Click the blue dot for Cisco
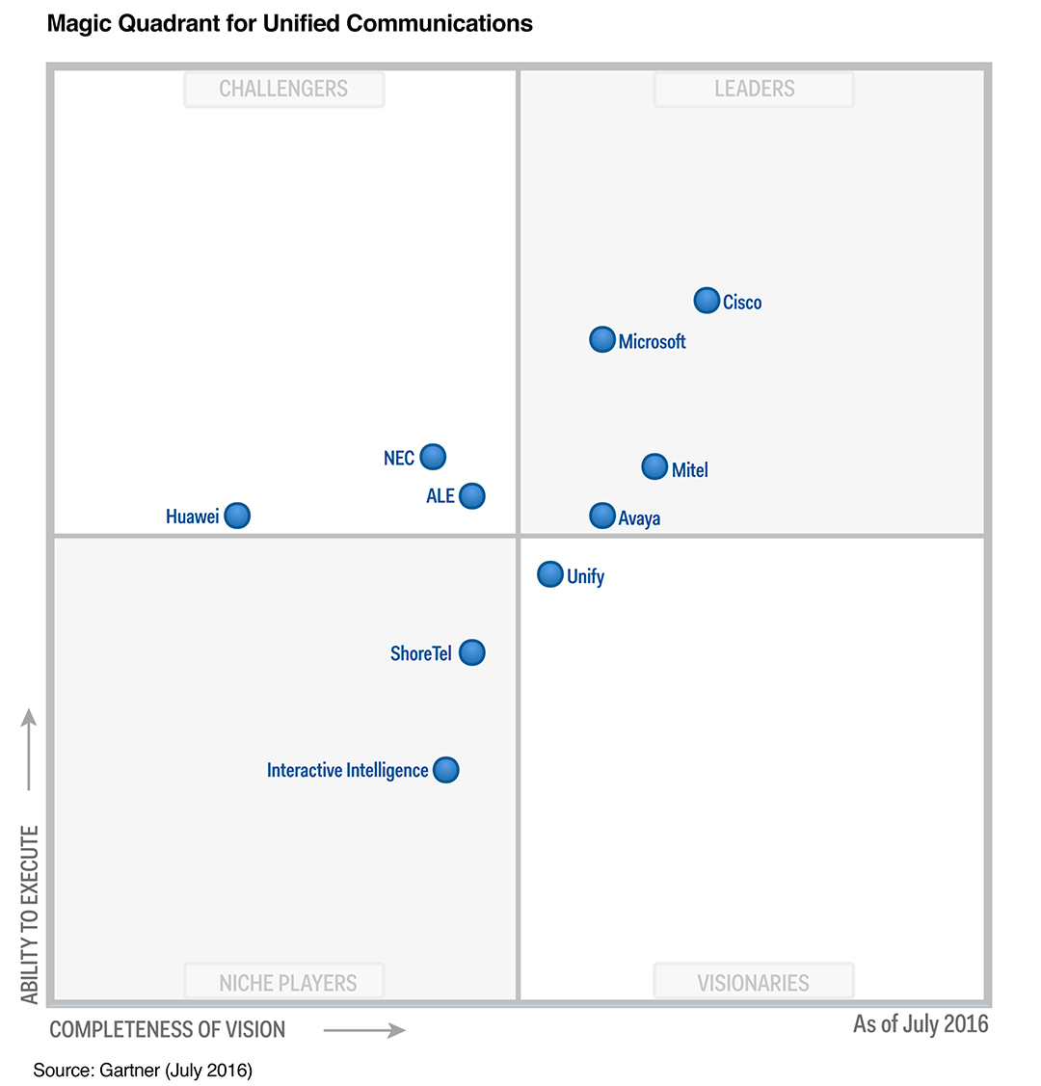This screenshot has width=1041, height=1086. click(707, 301)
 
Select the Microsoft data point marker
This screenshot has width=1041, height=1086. click(602, 339)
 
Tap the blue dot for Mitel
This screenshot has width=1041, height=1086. click(654, 467)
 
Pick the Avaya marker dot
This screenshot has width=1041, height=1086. click(602, 516)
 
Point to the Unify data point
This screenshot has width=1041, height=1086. click(550, 574)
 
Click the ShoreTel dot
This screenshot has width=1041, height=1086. click(472, 652)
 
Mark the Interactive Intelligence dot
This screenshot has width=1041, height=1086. click(446, 770)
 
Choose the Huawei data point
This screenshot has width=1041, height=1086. click(237, 516)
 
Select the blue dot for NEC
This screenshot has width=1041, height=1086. click(434, 456)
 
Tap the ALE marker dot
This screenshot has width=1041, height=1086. click(472, 496)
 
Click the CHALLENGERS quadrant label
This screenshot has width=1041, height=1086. click(283, 89)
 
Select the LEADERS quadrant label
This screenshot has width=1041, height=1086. click(754, 89)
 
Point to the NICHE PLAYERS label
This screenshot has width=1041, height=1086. click(287, 983)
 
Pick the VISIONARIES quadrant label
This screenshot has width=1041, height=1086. click(754, 983)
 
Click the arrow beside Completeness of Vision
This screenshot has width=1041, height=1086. click(364, 1030)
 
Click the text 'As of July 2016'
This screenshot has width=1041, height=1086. click(921, 1023)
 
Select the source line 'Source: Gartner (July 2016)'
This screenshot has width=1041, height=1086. click(143, 1070)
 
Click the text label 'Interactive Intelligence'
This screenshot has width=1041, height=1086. click(347, 770)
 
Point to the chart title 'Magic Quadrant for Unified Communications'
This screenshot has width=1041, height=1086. click(289, 23)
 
